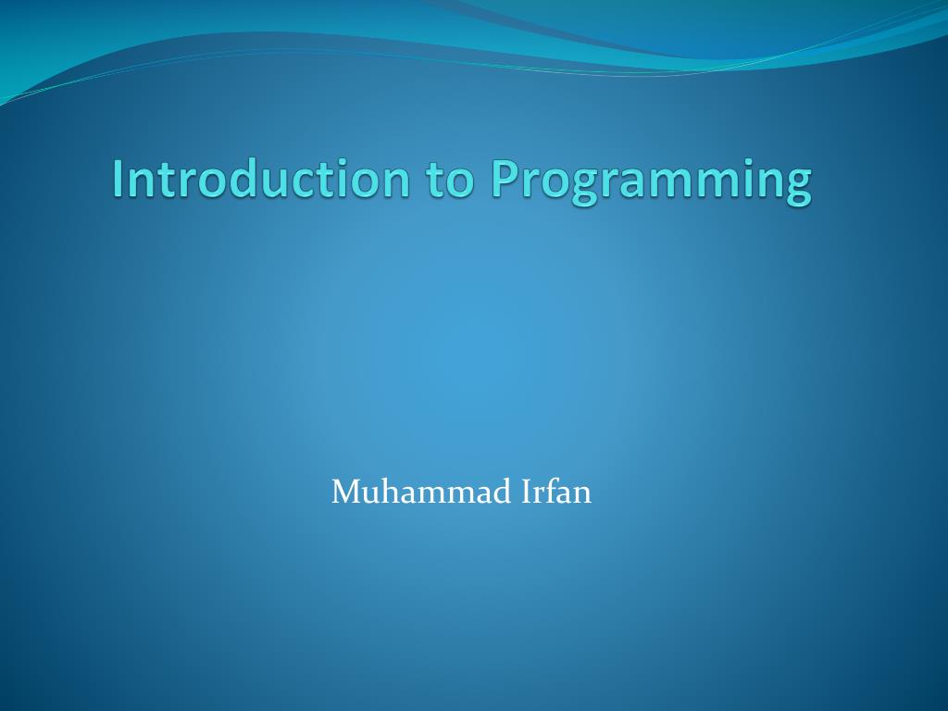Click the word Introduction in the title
click(260, 179)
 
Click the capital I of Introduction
click(118, 179)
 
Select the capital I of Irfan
click(526, 493)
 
